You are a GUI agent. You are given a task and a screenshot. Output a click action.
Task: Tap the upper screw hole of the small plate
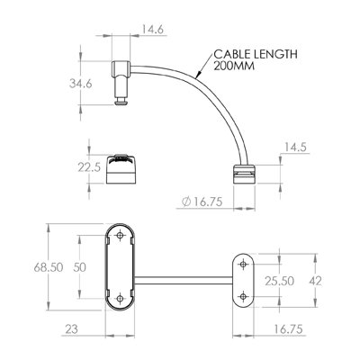(x=243, y=266)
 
